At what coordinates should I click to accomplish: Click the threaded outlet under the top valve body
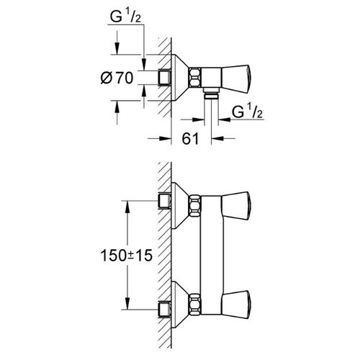pos(211,93)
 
